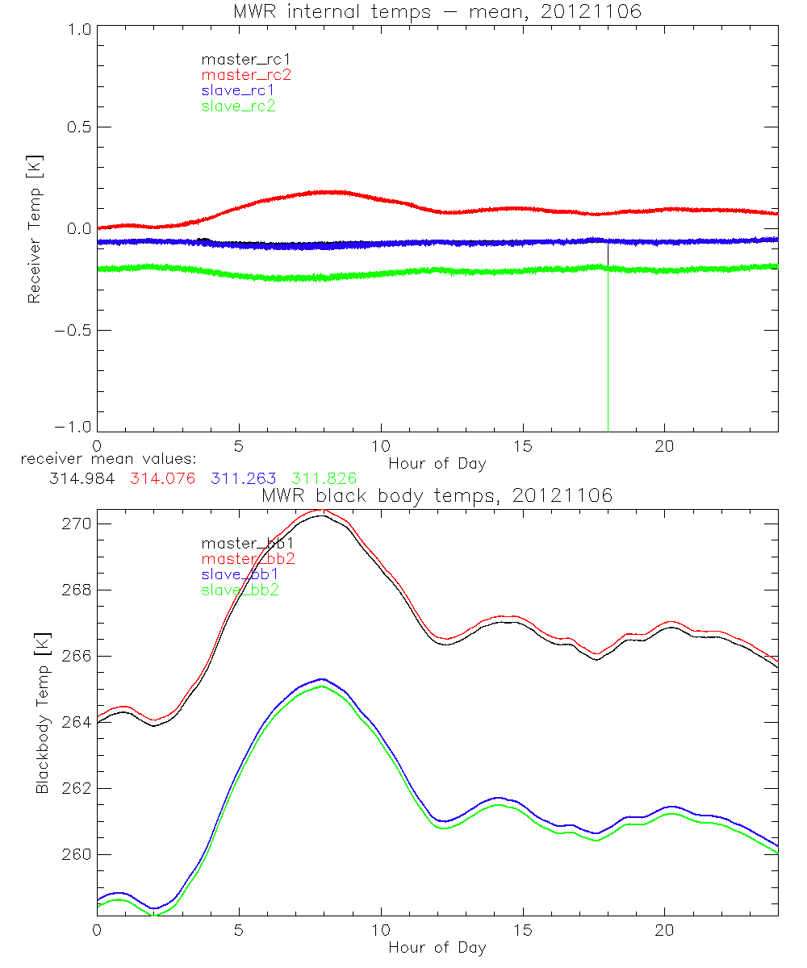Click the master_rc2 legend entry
246,74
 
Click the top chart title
437,11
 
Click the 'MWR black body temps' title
437,495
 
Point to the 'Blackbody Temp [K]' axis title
42,715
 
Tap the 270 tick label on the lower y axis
76,524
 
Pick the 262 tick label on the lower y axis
76,788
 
